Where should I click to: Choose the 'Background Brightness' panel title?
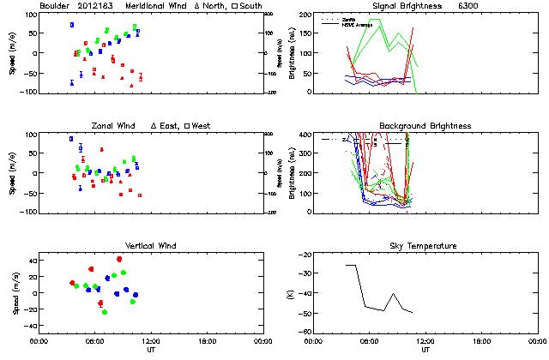(425, 126)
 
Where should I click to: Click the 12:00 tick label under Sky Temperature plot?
(426, 341)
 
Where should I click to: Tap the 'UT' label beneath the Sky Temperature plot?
(426, 350)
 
